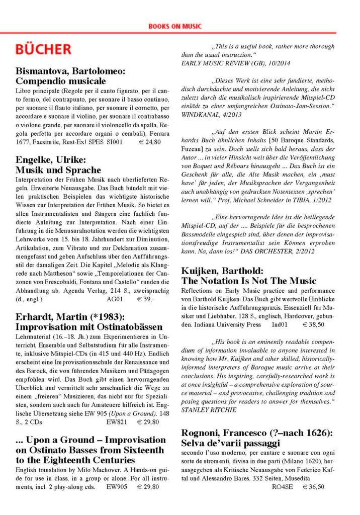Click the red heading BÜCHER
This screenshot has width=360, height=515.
coord(43,49)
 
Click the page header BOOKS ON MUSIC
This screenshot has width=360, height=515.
coord(175,26)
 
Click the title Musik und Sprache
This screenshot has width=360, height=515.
coord(58,170)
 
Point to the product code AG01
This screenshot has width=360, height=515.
coord(115,299)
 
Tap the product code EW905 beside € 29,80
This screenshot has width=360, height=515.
coord(117,487)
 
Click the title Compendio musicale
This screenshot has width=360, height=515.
coord(61,80)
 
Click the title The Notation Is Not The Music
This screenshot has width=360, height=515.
coord(248,281)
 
